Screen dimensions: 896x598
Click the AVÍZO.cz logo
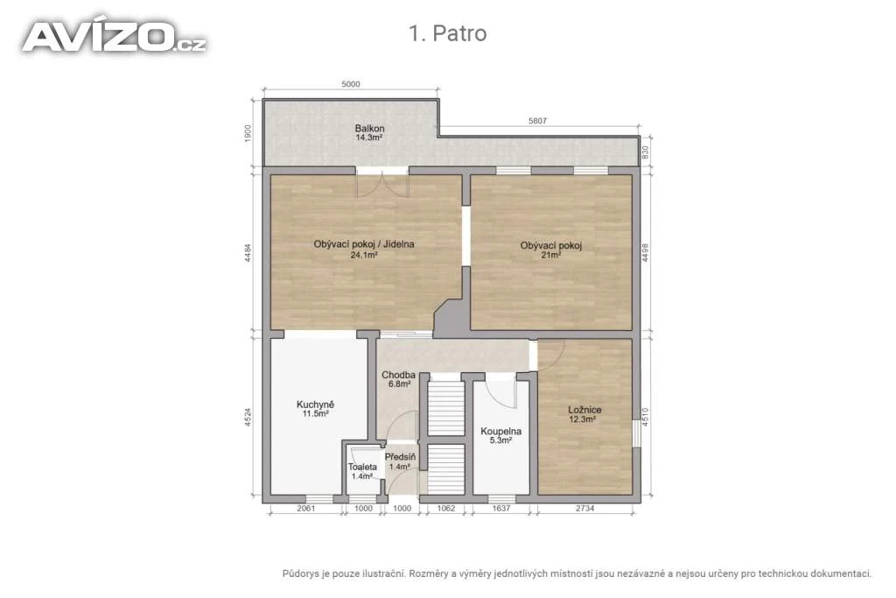(115, 38)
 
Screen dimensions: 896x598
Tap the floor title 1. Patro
(447, 33)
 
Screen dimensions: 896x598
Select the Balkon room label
(369, 129)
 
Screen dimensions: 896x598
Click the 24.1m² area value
(364, 255)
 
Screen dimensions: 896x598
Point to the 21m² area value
(551, 255)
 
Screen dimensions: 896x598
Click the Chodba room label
(399, 375)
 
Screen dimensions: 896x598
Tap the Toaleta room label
(362, 467)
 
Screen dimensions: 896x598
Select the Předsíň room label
(400, 457)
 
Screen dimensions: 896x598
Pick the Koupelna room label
(500, 431)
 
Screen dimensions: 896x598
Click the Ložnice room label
(584, 410)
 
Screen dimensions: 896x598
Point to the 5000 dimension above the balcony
(351, 84)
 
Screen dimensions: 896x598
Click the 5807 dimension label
(538, 121)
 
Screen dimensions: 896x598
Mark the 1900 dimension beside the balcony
(248, 133)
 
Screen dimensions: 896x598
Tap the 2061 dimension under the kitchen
(305, 508)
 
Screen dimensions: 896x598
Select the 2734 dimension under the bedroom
(584, 508)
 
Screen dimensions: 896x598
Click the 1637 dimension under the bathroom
(500, 508)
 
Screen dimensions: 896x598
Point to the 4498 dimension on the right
(645, 253)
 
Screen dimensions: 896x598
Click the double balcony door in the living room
(382, 184)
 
